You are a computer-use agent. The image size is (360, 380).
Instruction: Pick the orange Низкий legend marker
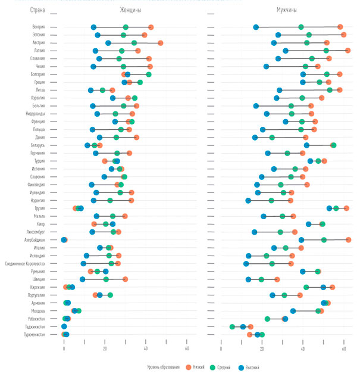[189, 367]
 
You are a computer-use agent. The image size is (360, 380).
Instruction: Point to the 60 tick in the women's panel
[187, 348]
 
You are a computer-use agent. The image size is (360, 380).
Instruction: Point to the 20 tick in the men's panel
[262, 348]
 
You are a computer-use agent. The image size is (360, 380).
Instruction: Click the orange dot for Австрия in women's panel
[161, 43]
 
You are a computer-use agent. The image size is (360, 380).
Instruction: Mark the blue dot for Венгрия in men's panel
[256, 27]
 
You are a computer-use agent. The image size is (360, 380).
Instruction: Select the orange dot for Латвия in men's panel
[348, 51]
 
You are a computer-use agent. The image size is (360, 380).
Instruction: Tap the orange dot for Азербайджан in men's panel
[348, 240]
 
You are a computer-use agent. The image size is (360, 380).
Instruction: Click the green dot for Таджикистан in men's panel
[232, 326]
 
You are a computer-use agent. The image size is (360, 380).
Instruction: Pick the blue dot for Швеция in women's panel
[83, 279]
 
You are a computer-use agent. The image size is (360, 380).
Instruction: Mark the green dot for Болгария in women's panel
[149, 74]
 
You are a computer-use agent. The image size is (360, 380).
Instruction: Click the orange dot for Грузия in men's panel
[346, 208]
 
